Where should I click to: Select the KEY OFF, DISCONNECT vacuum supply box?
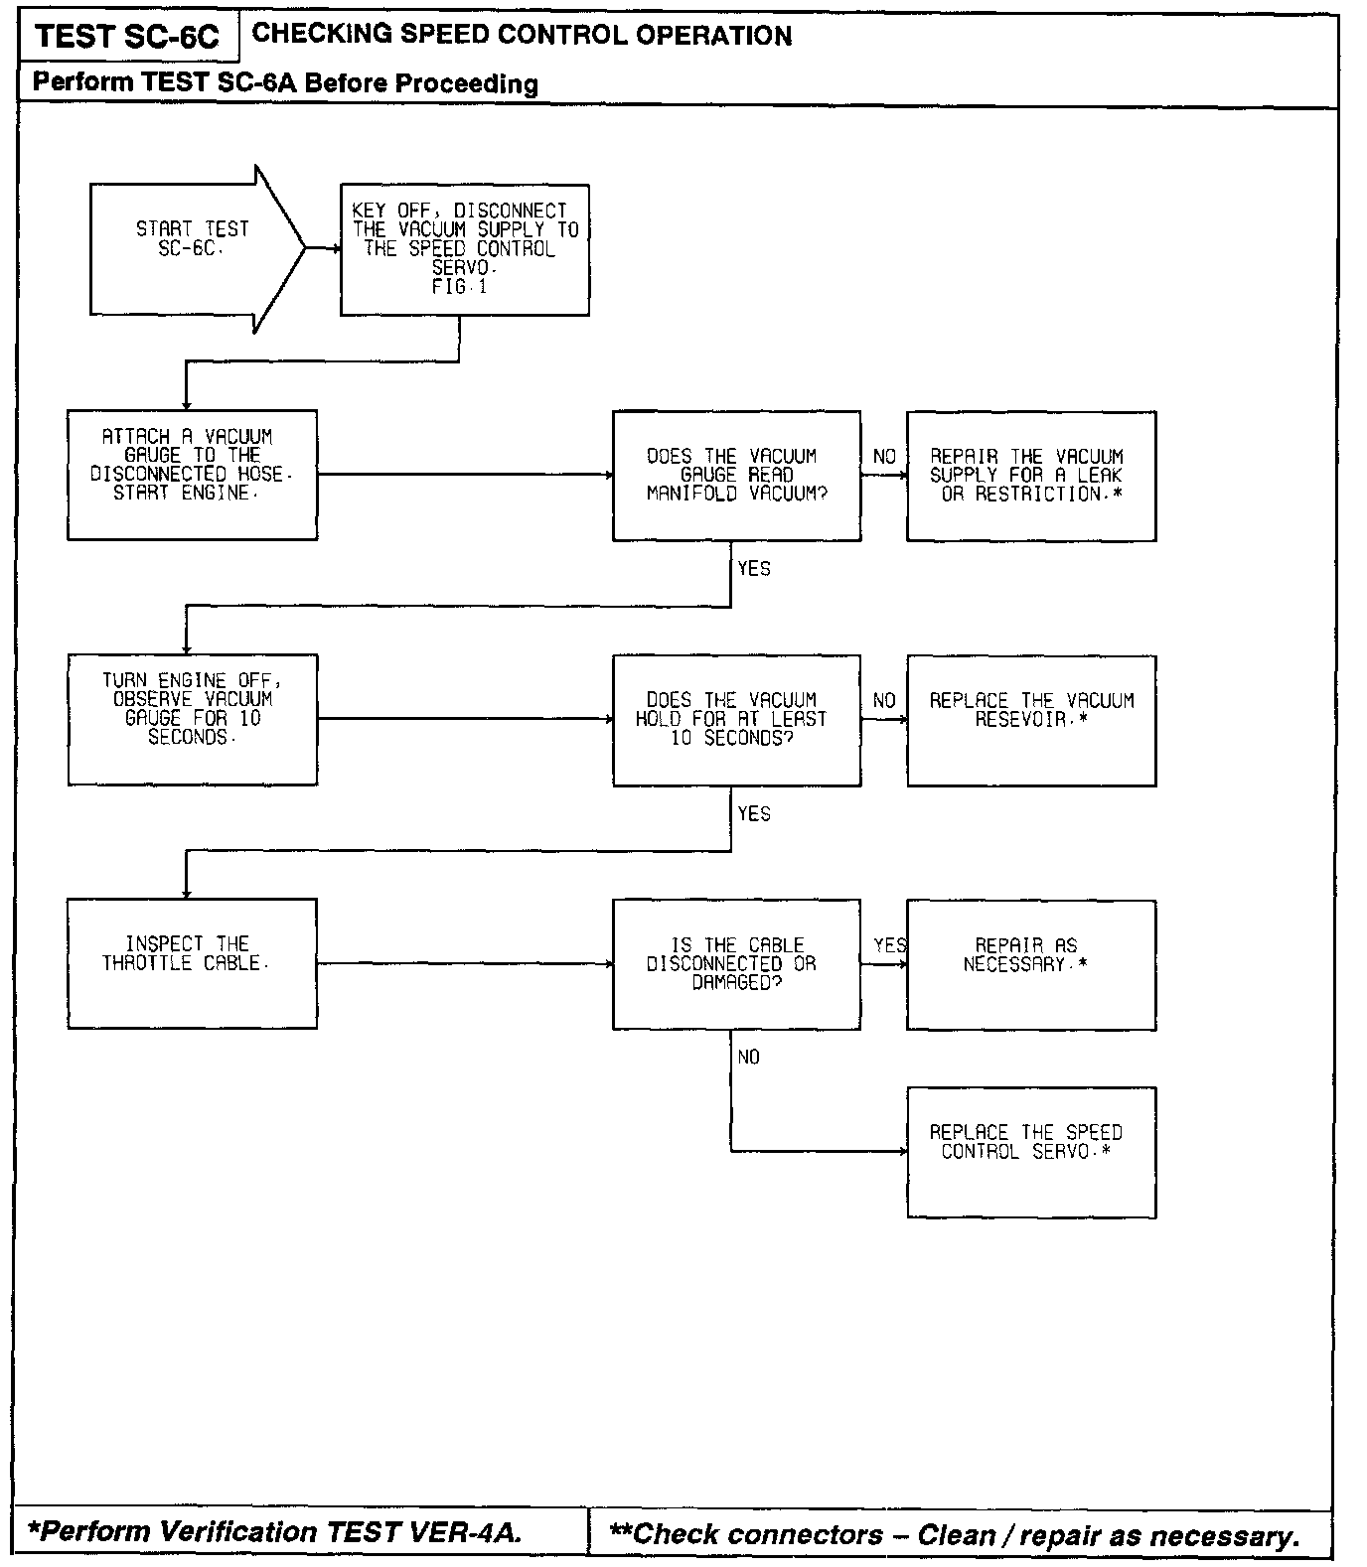point(464,249)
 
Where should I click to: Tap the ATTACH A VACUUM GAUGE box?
point(192,475)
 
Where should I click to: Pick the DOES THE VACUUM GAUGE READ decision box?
point(736,476)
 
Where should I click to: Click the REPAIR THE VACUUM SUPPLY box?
point(1030,476)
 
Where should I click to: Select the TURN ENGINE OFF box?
point(192,719)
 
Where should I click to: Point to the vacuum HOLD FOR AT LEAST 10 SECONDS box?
point(736,720)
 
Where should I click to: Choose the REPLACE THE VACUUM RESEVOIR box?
point(1030,720)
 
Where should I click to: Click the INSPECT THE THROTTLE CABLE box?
point(192,963)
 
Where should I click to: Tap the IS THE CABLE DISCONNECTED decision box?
point(736,964)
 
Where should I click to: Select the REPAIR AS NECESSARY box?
point(1030,964)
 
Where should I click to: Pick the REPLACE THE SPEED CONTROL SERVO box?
point(1030,1152)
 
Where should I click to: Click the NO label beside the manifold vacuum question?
point(884,457)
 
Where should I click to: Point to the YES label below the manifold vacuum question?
point(754,569)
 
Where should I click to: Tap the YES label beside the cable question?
point(889,945)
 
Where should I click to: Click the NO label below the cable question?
point(749,1058)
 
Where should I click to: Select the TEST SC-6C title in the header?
point(127,38)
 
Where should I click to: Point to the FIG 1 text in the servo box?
point(460,287)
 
